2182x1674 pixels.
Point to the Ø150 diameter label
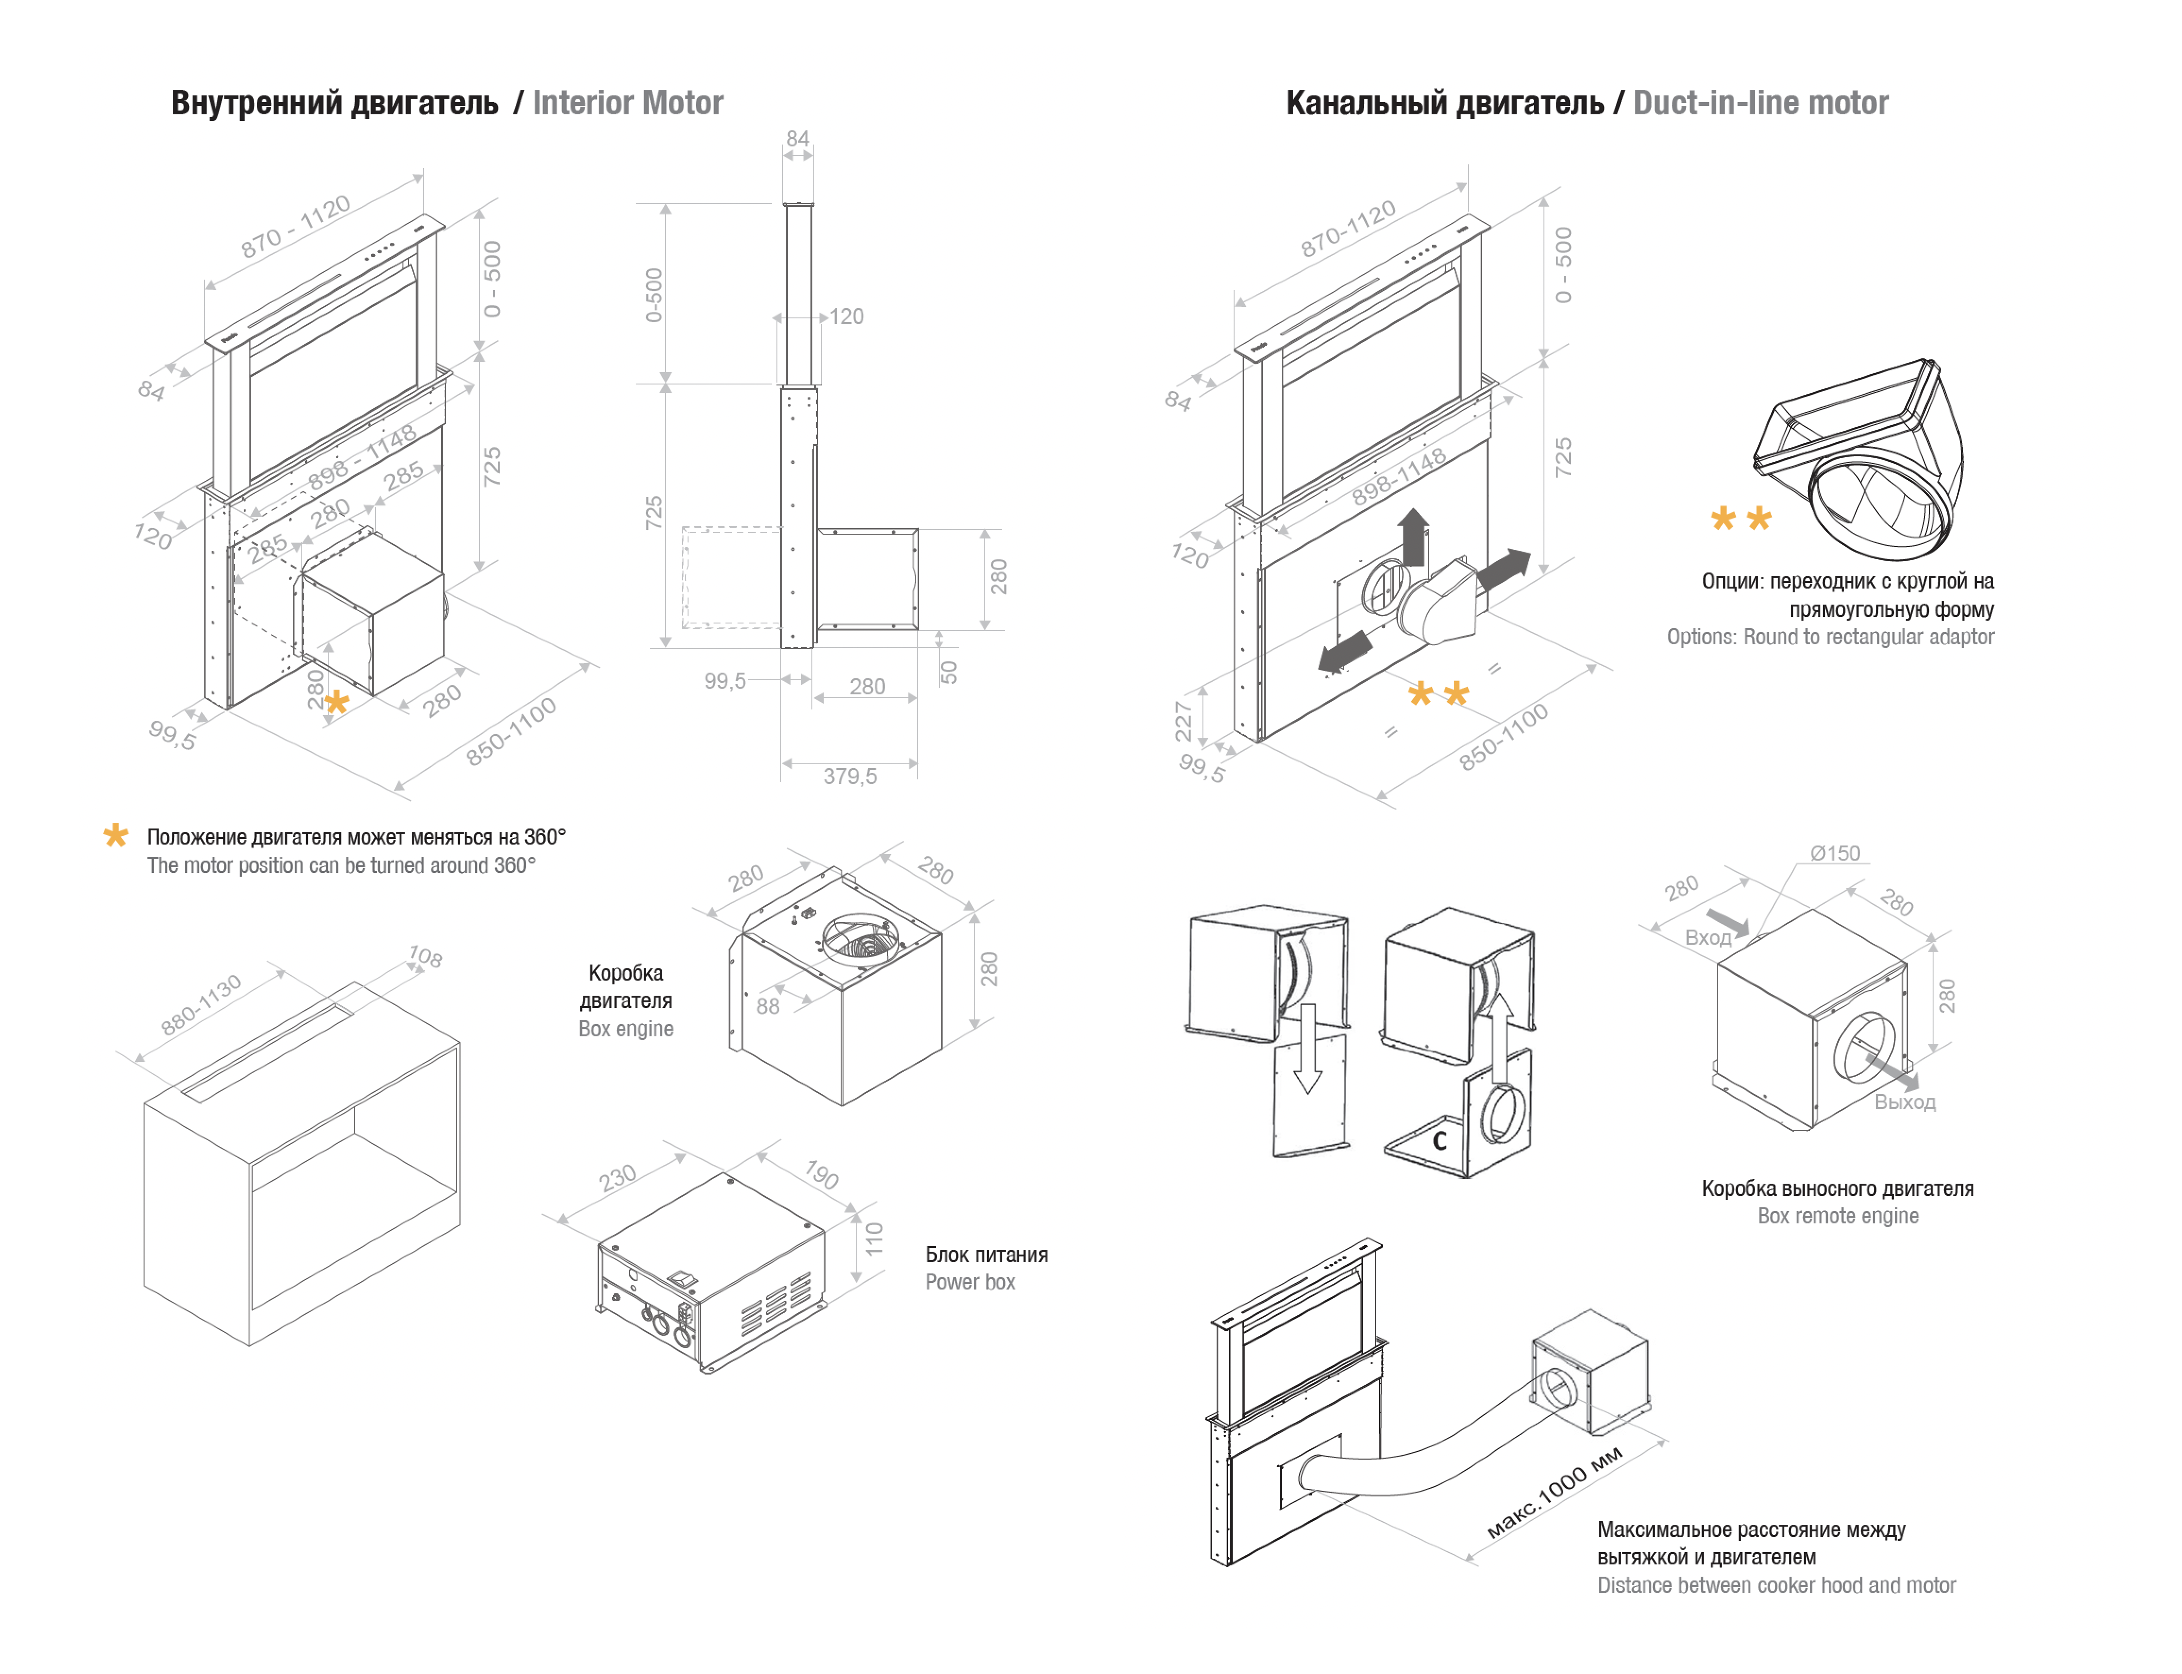(x=1834, y=853)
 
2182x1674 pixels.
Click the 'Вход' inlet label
(x=1708, y=938)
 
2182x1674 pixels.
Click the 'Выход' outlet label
(x=1904, y=1102)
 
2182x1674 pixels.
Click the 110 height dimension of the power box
(x=874, y=1238)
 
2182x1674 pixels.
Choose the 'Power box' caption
(x=970, y=1282)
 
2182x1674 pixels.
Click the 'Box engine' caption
(x=626, y=1029)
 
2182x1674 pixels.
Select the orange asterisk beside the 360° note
(x=116, y=836)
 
